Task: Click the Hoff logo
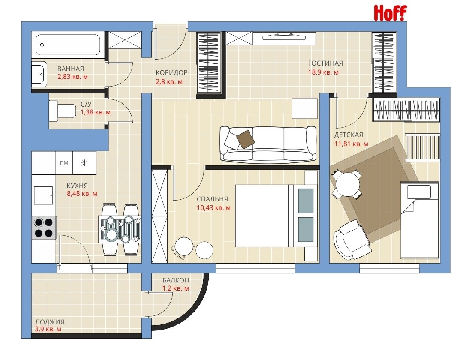coord(390,13)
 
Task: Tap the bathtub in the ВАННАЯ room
coord(68,45)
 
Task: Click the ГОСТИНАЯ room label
coord(325,63)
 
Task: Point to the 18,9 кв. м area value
coord(323,72)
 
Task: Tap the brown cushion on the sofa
coord(245,139)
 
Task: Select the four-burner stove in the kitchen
coord(44,228)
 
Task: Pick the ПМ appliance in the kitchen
coord(64,163)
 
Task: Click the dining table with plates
coord(120,229)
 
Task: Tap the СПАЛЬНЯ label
coord(213,199)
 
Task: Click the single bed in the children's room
coord(419,220)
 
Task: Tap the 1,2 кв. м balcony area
coord(176,288)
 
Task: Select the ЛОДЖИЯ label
coord(50,322)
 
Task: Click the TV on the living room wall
coord(284,37)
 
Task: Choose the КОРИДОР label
coord(171,72)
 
